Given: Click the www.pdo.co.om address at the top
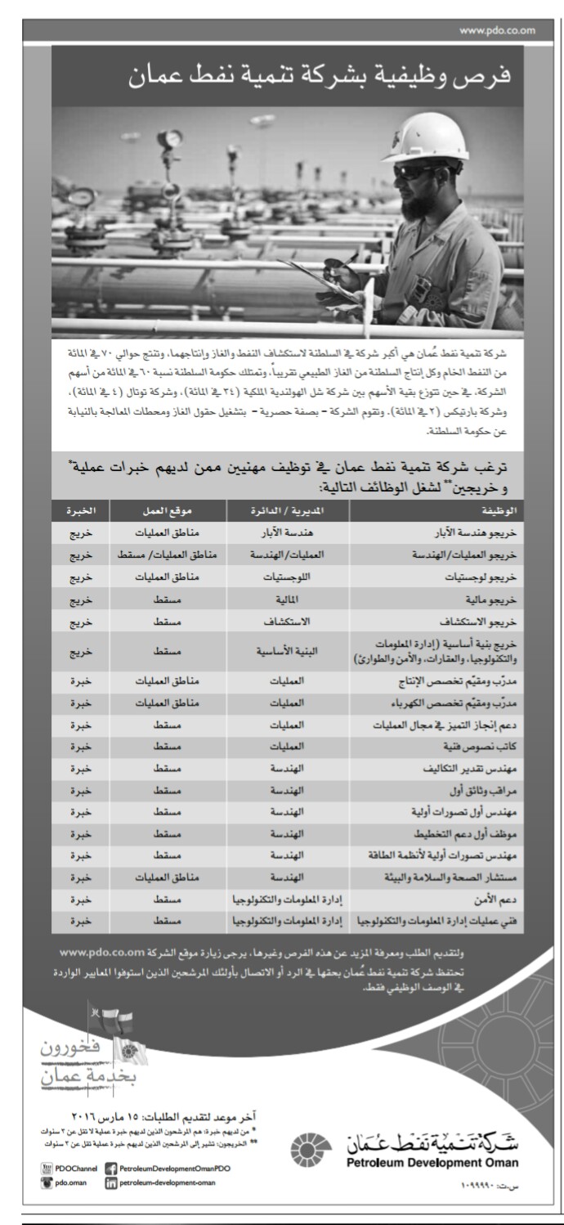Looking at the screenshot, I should coord(497,31).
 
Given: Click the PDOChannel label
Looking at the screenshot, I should coord(78,1169).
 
